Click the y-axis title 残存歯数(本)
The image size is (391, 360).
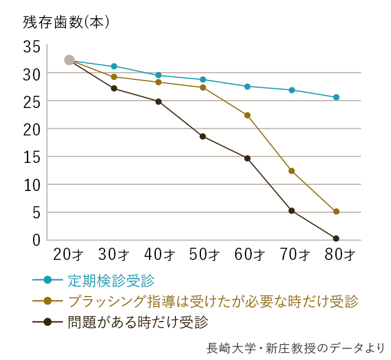click(x=65, y=23)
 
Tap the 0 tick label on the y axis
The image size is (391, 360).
click(x=35, y=240)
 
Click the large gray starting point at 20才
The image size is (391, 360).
click(x=69, y=60)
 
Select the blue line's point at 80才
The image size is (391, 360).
click(x=336, y=97)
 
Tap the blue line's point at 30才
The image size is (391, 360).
click(x=114, y=66)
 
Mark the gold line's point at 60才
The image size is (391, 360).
click(x=247, y=115)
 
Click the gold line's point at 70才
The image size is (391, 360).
click(x=291, y=171)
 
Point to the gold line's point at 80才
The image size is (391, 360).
click(x=336, y=212)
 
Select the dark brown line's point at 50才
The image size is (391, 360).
click(x=203, y=136)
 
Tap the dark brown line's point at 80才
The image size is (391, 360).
click(x=336, y=239)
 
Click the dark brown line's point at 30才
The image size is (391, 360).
click(x=114, y=88)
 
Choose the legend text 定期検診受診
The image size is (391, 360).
click(x=111, y=281)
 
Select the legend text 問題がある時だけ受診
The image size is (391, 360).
click(x=138, y=321)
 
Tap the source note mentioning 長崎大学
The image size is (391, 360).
click(x=296, y=348)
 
